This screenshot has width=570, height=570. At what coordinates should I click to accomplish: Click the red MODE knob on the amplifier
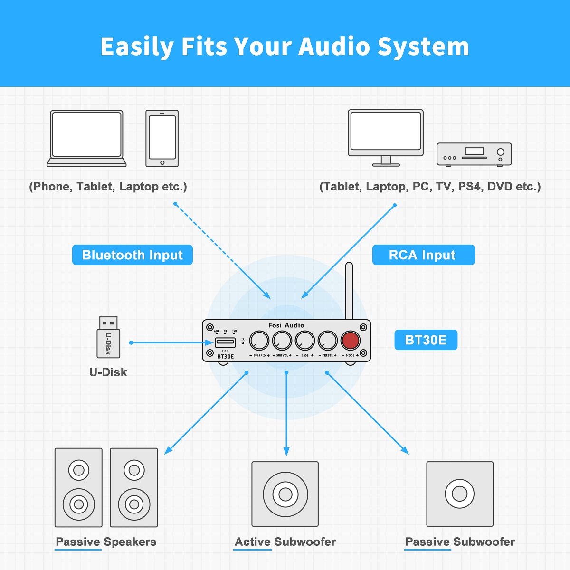(350, 340)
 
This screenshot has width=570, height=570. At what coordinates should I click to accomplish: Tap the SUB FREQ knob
(259, 340)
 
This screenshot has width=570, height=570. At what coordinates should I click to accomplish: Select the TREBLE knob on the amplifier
(327, 340)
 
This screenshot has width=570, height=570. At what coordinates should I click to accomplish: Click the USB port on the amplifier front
(225, 342)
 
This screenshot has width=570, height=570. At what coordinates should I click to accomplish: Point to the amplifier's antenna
(349, 291)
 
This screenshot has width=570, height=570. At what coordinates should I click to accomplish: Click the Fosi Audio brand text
(286, 325)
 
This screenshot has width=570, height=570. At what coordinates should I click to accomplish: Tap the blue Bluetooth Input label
(132, 255)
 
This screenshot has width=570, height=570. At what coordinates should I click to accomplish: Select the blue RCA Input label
(423, 255)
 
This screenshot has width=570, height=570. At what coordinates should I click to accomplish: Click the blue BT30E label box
(426, 340)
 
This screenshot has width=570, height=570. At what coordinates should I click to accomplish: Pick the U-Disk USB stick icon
(108, 337)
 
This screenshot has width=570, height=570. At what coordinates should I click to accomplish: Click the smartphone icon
(162, 138)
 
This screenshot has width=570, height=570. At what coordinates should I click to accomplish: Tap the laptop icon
(86, 138)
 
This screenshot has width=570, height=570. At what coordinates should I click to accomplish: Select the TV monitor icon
(386, 138)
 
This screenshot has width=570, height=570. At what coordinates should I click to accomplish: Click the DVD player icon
(474, 154)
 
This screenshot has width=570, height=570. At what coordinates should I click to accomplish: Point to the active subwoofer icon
(285, 494)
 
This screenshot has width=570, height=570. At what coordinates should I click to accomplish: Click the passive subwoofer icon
(460, 494)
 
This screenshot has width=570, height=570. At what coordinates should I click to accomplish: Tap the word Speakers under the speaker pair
(130, 542)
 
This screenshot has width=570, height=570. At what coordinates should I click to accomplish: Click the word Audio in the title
(333, 47)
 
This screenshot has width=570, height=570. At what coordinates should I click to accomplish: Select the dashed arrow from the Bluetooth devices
(223, 251)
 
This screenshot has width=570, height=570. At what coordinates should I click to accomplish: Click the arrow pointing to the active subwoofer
(286, 414)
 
